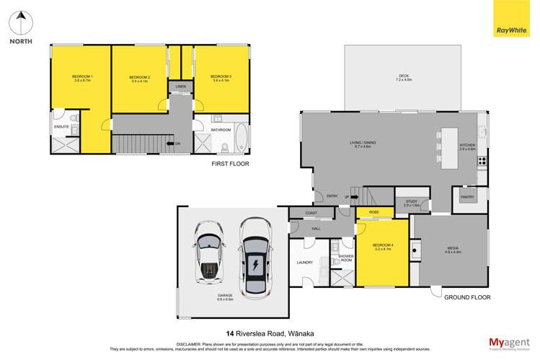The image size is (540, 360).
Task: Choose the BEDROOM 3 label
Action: pos(221,78)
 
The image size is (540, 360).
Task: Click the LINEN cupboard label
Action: pos(180,87)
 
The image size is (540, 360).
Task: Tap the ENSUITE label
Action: pos(61,127)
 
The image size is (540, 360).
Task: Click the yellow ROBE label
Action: pos(374,212)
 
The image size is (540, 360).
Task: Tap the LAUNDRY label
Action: pos(305,262)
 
